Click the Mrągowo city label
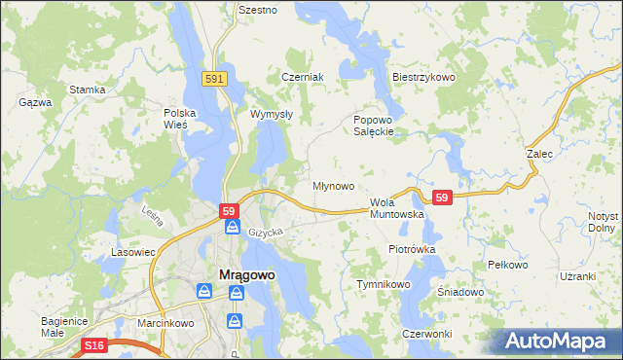(243, 274)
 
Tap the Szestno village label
(258, 10)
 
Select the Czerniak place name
(302, 77)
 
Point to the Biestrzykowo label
(423, 77)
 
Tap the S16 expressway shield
(93, 345)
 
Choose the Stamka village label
(87, 90)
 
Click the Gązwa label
(34, 101)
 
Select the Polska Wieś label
(180, 119)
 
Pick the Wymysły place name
(272, 114)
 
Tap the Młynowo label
(332, 185)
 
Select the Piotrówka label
(412, 249)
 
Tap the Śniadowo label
(460, 292)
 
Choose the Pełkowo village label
(506, 265)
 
